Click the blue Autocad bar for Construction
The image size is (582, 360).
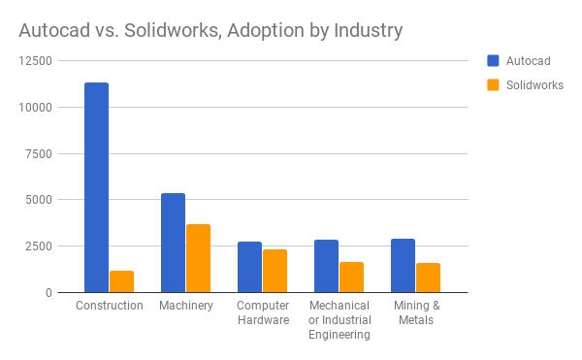tap(96, 187)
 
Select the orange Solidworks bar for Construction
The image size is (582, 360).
tap(121, 281)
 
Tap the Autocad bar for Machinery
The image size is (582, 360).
tap(173, 243)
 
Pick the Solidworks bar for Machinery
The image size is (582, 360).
tap(198, 258)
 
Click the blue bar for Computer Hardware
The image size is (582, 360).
tap(249, 267)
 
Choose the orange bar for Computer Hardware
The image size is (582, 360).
tap(275, 271)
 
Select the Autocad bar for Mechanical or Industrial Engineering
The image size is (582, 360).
tap(326, 266)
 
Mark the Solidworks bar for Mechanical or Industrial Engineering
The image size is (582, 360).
tap(351, 277)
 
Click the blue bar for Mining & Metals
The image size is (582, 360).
tap(403, 265)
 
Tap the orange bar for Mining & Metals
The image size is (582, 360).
tap(428, 278)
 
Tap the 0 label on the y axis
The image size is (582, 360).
tap(48, 292)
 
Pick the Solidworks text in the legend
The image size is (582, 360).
tap(534, 84)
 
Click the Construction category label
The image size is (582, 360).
tap(109, 306)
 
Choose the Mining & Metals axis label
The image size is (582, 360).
tap(415, 312)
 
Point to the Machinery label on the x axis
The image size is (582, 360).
tap(185, 306)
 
